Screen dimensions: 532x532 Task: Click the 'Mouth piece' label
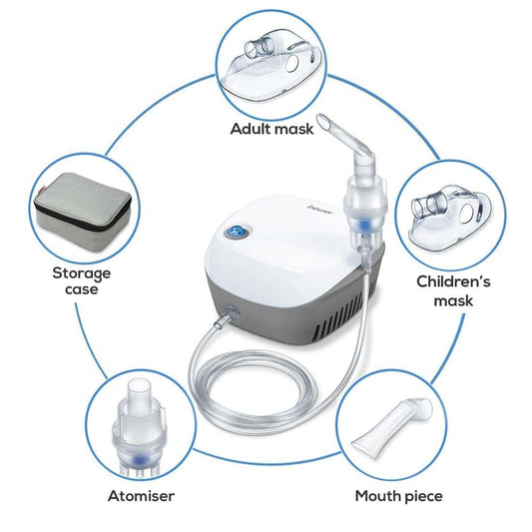tap(399, 495)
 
